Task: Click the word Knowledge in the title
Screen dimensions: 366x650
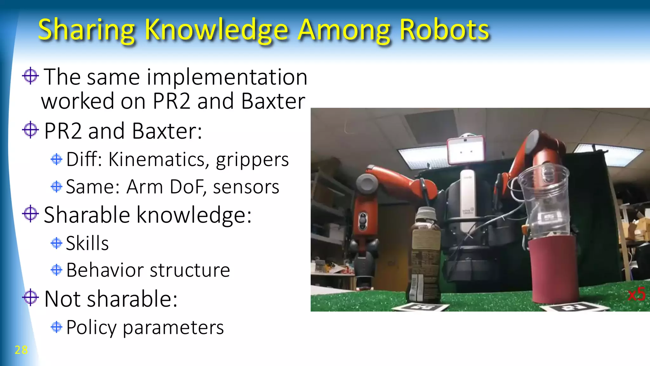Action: click(216, 30)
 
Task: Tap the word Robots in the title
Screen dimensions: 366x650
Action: click(444, 30)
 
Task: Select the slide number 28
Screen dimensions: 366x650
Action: click(21, 350)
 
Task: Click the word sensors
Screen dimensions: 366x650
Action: click(246, 187)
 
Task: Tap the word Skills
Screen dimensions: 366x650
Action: click(87, 243)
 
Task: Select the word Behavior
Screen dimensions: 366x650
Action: click(105, 270)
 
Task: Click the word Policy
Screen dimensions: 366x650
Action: click(91, 328)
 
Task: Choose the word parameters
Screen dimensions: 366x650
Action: click(173, 328)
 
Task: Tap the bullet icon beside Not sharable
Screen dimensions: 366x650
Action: click(30, 297)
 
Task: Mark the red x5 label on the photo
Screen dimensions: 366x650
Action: click(636, 294)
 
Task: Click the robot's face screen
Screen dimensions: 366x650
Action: click(466, 150)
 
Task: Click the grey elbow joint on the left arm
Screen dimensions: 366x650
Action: click(367, 184)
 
